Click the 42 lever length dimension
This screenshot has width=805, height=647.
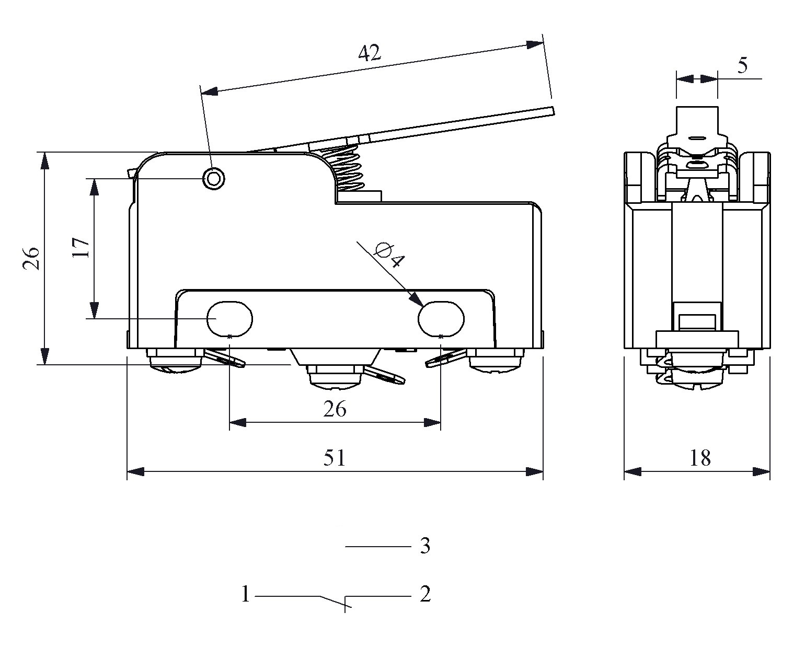click(370, 53)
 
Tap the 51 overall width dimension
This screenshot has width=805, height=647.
click(335, 458)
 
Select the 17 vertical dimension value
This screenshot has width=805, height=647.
click(81, 248)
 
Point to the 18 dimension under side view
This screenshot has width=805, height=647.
click(700, 458)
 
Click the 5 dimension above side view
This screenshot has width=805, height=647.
click(742, 66)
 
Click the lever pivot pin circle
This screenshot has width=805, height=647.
click(213, 179)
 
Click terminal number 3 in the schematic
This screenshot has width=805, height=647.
click(425, 547)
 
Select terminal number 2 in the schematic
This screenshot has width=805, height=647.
click(425, 594)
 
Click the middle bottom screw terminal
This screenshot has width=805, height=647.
click(335, 378)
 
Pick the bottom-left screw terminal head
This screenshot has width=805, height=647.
click(175, 362)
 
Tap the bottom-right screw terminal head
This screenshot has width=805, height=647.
click(496, 362)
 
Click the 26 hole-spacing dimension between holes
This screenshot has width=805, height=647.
click(335, 409)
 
